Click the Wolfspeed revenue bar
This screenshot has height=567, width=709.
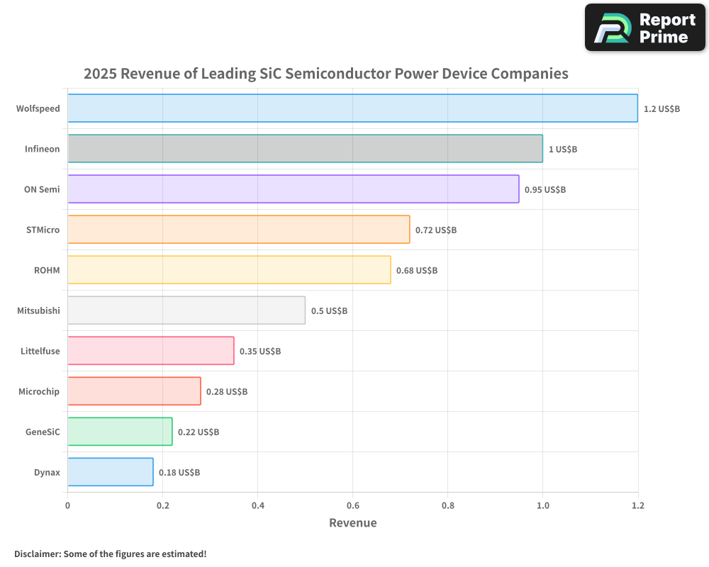pyautogui.click(x=352, y=108)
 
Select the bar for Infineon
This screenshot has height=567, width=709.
pyautogui.click(x=305, y=149)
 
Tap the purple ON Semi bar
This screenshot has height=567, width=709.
pyautogui.click(x=293, y=189)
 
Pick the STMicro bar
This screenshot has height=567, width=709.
pyautogui.click(x=238, y=230)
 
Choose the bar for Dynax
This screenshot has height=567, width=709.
pyautogui.click(x=110, y=472)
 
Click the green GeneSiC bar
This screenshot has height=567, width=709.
pyautogui.click(x=120, y=432)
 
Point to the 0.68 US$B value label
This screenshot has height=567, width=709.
pyautogui.click(x=417, y=271)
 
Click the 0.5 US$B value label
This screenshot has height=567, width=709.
pyautogui.click(x=329, y=311)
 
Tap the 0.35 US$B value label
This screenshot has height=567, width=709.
pyautogui.click(x=260, y=352)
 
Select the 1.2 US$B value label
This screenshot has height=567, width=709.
pyautogui.click(x=661, y=109)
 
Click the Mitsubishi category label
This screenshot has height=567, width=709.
pyautogui.click(x=38, y=310)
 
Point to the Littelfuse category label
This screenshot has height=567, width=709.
pyautogui.click(x=40, y=351)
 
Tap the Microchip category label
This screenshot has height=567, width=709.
pyautogui.click(x=39, y=391)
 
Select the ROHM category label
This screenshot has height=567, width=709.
pyautogui.click(x=47, y=270)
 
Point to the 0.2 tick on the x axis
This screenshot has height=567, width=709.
pyautogui.click(x=162, y=505)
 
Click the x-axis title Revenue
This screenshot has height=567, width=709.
pyautogui.click(x=352, y=523)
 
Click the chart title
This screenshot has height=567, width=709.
pyautogui.click(x=326, y=74)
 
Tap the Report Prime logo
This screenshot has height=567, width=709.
pyautogui.click(x=644, y=28)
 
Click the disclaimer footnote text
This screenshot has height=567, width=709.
pyautogui.click(x=111, y=554)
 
